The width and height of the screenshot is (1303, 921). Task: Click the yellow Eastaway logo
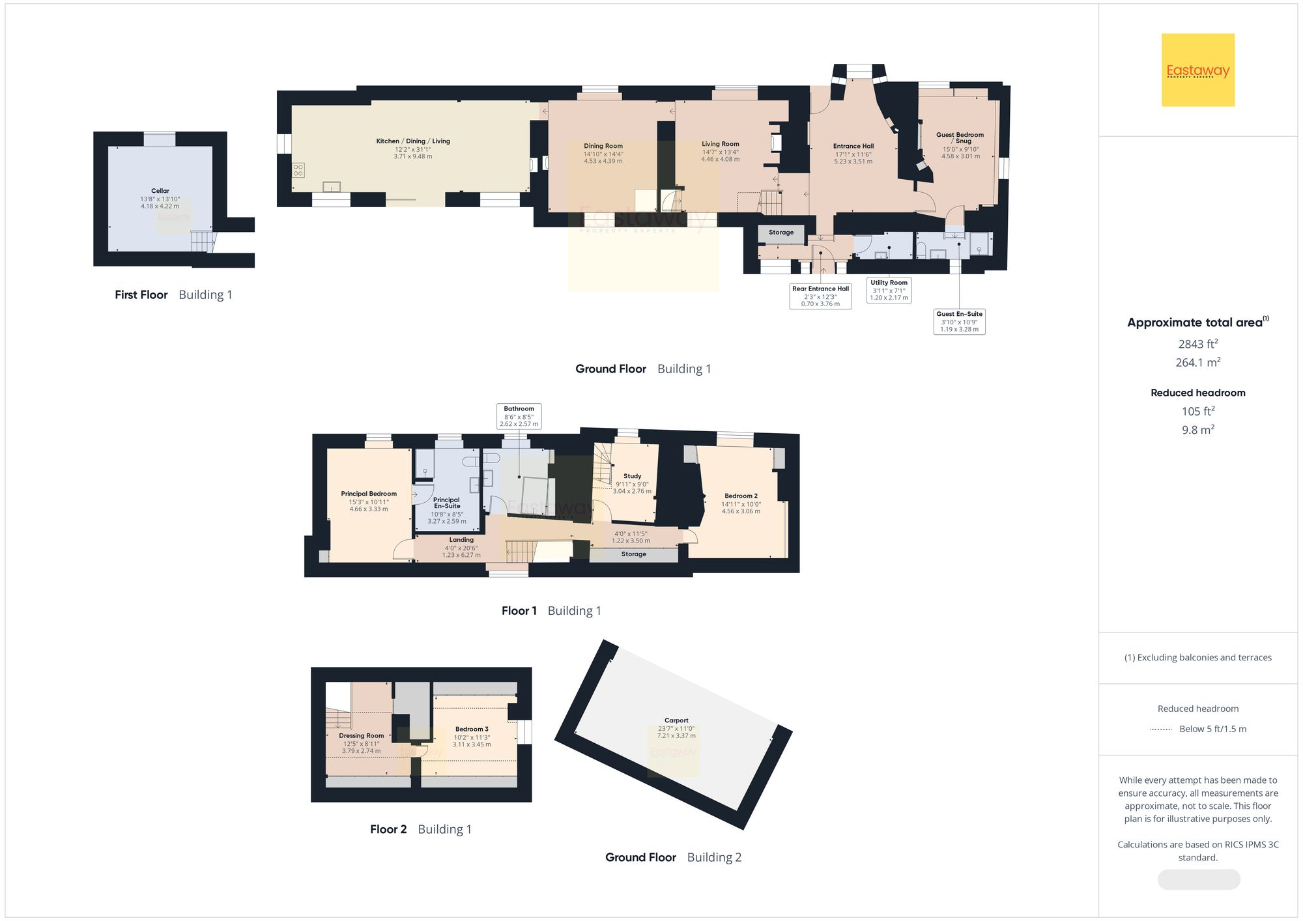coord(1197,70)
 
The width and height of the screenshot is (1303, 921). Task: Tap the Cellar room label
coord(160,191)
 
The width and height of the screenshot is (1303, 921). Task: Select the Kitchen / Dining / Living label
coord(413,141)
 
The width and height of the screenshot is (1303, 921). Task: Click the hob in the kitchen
coord(298,170)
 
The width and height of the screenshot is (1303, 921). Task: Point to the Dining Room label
coord(603,146)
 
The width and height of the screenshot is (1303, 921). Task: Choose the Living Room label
coord(721,144)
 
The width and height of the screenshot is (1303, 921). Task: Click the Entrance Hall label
coord(853,146)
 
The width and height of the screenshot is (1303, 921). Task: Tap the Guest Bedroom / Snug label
coord(960,137)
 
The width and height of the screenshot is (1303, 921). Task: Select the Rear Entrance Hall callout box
coord(820,296)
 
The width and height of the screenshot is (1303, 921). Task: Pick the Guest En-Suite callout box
coord(959,322)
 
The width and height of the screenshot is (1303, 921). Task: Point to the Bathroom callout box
coord(519,416)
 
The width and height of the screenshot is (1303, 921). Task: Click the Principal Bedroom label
coord(369,494)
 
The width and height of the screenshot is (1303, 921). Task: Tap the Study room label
coord(632,476)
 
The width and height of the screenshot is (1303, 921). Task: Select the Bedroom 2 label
coord(741,496)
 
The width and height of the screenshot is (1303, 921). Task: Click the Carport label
coord(676,720)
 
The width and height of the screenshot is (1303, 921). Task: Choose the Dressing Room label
coord(362,735)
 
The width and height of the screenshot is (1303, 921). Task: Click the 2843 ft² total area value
coord(1197,344)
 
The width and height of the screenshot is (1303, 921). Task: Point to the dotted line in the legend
coord(1161,729)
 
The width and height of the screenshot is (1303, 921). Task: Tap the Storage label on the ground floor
coord(781,233)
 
